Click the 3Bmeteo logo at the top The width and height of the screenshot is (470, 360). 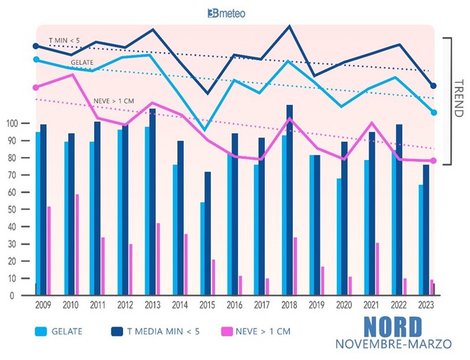point(234,13)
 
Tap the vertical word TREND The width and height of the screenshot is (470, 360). point(458,100)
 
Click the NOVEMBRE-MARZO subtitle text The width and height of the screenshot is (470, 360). point(393,344)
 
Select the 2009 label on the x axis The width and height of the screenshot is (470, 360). point(43,305)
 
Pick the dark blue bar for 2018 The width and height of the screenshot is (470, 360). point(289,200)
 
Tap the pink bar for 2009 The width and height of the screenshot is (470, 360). point(49,250)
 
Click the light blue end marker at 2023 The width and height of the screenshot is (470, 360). point(434,112)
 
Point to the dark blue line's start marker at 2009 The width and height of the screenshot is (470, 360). point(36,46)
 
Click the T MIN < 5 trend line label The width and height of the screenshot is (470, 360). point(63,41)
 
